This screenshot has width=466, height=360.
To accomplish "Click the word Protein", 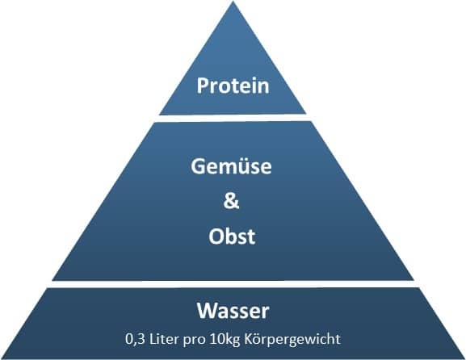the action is point(233,86).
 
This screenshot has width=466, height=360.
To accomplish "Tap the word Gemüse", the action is point(231,166).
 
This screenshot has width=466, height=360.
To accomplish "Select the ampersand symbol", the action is point(231,201).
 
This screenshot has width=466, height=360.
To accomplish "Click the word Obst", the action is point(232,237).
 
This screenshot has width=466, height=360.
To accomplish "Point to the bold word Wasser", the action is point(233,311).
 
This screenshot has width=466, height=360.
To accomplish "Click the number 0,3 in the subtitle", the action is point(135,339).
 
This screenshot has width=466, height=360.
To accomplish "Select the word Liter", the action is point(164,339).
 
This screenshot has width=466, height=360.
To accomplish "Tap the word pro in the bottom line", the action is point(194,341).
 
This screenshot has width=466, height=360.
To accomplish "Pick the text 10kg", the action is point(225,340).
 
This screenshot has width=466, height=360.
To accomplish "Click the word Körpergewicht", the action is point(292,340).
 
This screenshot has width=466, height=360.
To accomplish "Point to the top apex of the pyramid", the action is point(233,2).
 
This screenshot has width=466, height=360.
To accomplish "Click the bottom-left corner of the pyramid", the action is point(2,358).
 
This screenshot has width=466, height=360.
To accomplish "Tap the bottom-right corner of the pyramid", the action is point(464,358).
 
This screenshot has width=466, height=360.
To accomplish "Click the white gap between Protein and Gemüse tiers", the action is point(233,118).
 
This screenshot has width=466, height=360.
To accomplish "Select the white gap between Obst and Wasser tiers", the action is point(233,284).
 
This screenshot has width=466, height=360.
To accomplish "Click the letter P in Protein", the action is point(203,86).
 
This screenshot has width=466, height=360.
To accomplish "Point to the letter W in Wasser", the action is point(208,311).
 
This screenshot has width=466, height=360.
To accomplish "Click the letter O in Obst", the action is point(216,237).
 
